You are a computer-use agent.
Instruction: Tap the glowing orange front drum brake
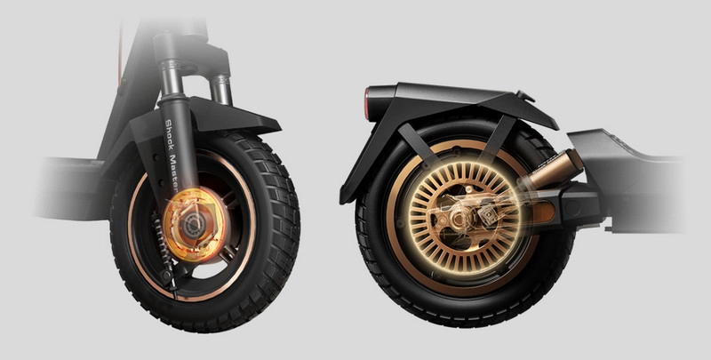click(x=194, y=225)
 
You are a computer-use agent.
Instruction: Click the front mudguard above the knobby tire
click(x=213, y=119)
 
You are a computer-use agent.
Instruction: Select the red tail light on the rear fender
click(x=367, y=104)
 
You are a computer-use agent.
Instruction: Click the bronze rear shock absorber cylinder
click(x=554, y=170)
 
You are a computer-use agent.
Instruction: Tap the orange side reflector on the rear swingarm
click(x=545, y=212)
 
